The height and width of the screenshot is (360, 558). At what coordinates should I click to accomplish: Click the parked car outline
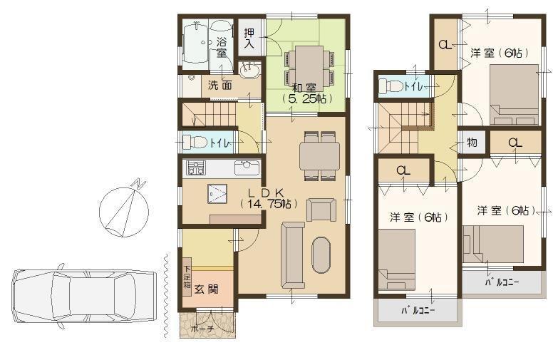point(84,294)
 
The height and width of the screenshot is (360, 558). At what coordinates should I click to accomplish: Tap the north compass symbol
point(123,210)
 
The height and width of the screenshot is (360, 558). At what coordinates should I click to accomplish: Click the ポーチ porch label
point(204,329)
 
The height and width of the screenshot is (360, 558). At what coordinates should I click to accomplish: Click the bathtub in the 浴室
point(194,43)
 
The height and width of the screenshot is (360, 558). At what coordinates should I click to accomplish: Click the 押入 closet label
point(249,38)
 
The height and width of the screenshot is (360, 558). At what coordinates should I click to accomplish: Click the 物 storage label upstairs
point(472,143)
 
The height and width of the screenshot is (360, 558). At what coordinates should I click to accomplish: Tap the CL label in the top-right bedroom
point(445,45)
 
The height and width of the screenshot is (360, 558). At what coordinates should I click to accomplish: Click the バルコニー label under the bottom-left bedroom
point(418,311)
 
